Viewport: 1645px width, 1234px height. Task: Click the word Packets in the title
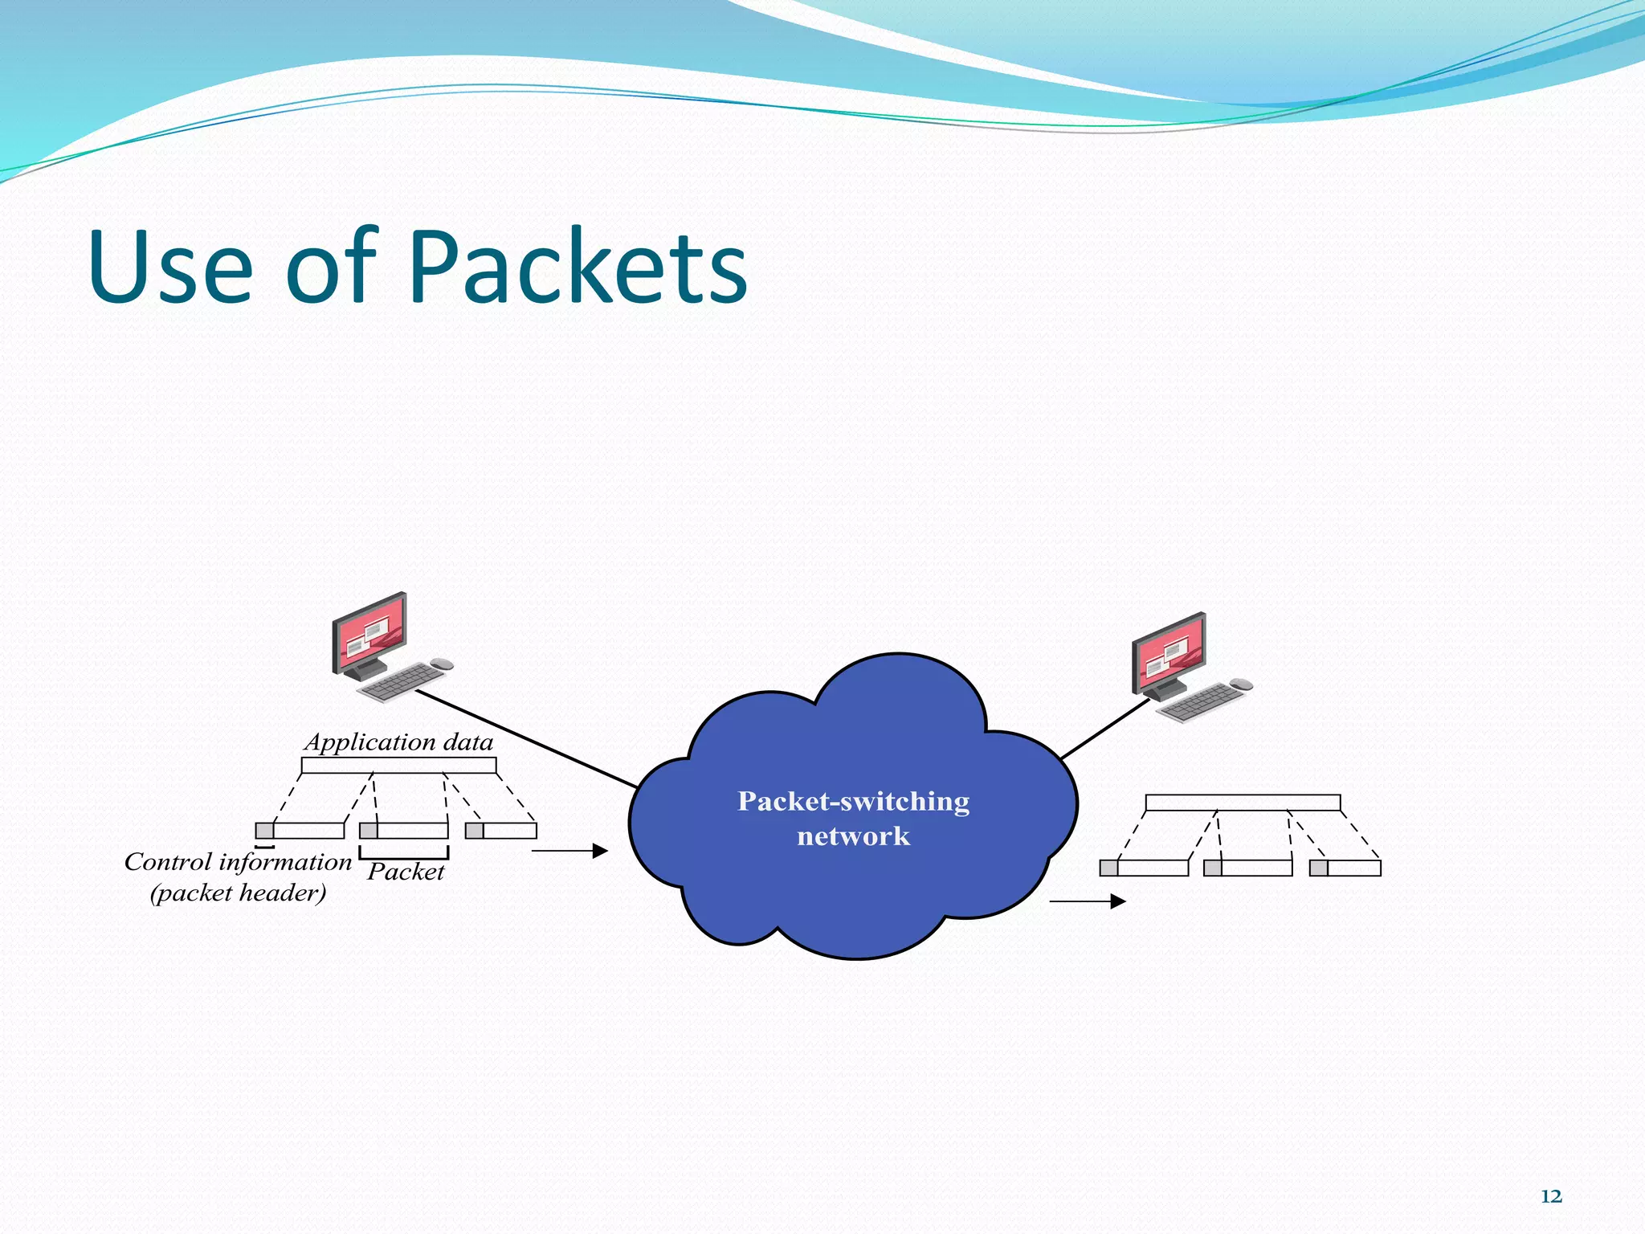pos(578,267)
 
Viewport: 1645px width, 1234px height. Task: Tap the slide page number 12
pos(1551,1196)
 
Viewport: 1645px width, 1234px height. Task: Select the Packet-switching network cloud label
pos(853,818)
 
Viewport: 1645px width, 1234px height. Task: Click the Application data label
pos(399,742)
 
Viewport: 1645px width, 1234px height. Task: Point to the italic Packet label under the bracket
pos(406,872)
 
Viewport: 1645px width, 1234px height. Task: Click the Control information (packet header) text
pos(238,876)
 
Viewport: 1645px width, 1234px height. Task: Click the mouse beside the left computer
pos(442,664)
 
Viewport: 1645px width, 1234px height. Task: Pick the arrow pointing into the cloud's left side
pos(569,851)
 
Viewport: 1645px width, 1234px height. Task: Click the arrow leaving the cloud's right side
pos(1088,901)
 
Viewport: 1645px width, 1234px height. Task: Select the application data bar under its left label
pos(398,766)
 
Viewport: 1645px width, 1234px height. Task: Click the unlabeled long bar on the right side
pos(1243,803)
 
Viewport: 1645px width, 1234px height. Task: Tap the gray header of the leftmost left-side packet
pos(264,831)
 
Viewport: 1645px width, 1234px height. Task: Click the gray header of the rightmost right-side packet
pos(1318,868)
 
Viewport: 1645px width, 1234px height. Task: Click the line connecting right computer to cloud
pos(1105,729)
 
